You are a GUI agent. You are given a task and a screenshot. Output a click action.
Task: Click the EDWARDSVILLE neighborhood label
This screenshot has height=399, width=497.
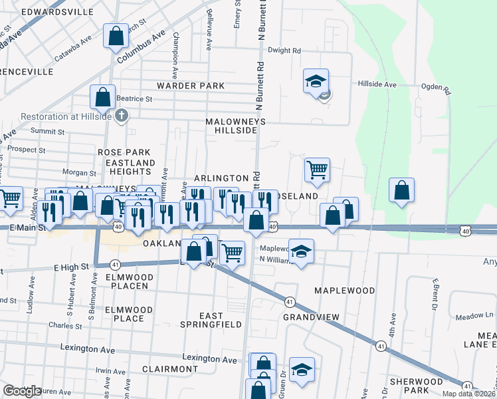coord(57,12)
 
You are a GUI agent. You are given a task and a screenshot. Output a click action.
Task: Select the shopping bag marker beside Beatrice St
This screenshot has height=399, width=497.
coord(103,97)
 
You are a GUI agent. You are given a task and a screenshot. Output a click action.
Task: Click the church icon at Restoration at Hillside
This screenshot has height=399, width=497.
coord(121,116)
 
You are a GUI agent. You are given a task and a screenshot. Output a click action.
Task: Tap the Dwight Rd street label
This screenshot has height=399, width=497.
coord(284,50)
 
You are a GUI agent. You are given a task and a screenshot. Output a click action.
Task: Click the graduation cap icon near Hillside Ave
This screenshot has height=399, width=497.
coord(316,82)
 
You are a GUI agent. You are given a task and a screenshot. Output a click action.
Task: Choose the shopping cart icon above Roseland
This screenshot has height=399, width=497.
coord(318,170)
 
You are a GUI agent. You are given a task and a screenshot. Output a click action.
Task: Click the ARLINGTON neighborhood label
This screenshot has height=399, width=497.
coord(221,178)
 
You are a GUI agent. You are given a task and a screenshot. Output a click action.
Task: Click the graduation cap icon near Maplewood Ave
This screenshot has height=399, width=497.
coord(301,252)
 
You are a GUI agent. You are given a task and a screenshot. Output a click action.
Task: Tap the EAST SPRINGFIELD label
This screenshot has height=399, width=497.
coord(212,319)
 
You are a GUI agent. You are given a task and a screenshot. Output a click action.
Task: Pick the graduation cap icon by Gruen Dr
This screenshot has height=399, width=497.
coord(302,370)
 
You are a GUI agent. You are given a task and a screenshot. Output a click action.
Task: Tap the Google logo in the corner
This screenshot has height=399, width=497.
coord(23,391)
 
